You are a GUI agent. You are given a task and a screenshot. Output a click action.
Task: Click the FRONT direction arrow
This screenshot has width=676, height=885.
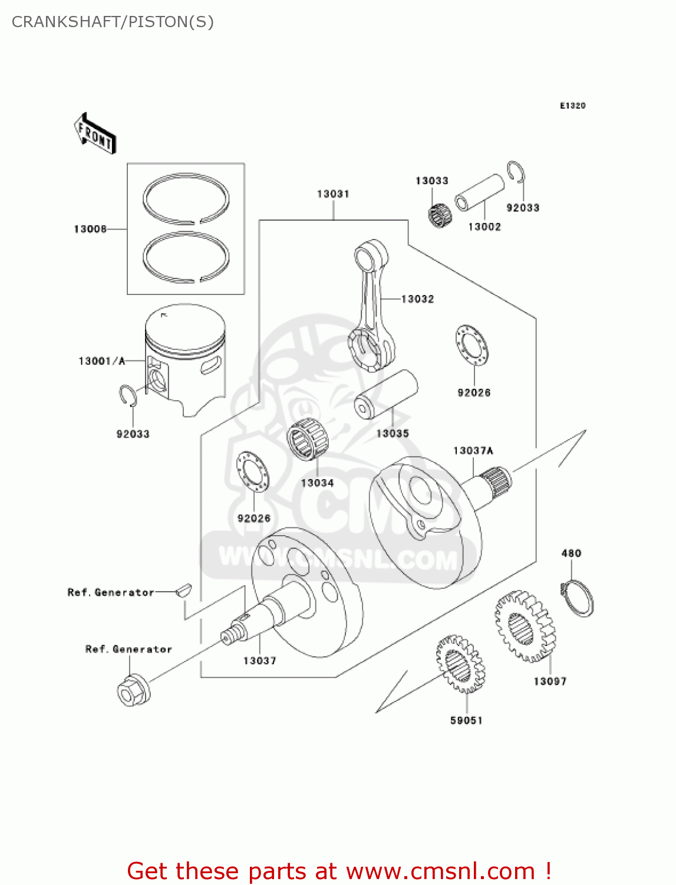pyautogui.click(x=95, y=134)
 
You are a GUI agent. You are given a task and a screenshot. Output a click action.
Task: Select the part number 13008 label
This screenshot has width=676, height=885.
pyautogui.click(x=90, y=229)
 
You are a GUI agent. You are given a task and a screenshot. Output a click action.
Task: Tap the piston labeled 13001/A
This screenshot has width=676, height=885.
pyautogui.click(x=186, y=360)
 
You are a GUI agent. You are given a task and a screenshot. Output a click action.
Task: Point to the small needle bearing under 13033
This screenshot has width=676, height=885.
pyautogui.click(x=439, y=215)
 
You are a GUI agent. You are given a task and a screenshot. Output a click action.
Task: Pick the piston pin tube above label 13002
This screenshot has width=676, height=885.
pyautogui.click(x=479, y=193)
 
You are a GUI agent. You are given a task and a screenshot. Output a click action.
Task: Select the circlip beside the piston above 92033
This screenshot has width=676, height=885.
pyautogui.click(x=128, y=395)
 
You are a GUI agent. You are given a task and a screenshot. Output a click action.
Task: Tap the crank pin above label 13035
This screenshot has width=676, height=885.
pyautogui.click(x=386, y=395)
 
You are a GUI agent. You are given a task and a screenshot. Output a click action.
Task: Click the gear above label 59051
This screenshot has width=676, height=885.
pyautogui.click(x=460, y=664)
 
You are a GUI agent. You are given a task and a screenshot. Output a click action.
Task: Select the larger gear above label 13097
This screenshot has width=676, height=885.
pyautogui.click(x=524, y=626)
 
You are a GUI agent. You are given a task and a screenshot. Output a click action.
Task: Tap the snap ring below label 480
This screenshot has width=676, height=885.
pyautogui.click(x=579, y=598)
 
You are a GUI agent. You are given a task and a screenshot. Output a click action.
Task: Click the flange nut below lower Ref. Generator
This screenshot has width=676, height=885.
pyautogui.click(x=133, y=690)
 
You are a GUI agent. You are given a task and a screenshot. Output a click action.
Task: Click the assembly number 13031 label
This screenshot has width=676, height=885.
pyautogui.click(x=333, y=194)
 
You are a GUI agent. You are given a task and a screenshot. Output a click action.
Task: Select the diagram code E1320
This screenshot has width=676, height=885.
pyautogui.click(x=572, y=106)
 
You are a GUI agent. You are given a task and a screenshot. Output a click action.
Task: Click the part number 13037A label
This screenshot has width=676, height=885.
pyautogui.click(x=473, y=451)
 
